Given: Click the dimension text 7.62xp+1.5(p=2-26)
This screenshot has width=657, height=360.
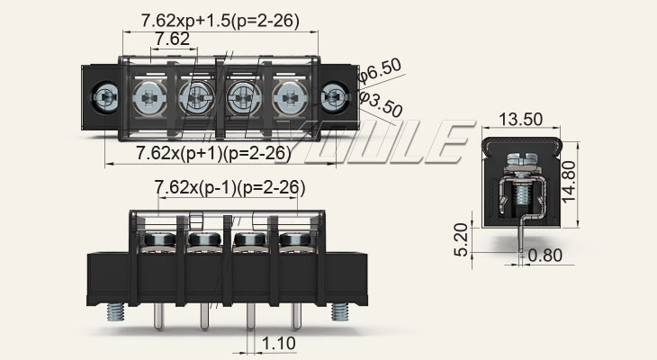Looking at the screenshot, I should coord(220,20).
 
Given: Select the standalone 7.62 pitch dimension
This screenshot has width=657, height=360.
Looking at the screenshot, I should coord(171,39).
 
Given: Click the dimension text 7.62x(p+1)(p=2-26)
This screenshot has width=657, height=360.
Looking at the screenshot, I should coord(214,153).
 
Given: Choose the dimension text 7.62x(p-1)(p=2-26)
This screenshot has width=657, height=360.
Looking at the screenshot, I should coord(229,187).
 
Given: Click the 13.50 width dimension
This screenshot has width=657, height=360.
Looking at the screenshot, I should coord(520,119).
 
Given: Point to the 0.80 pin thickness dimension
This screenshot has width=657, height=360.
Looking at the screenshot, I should coord(545,255).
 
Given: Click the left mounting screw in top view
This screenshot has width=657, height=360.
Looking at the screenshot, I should coord(104,95).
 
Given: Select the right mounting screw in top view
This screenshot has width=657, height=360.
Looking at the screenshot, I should coord(335,95).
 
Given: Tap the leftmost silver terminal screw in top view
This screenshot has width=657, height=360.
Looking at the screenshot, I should coord(148,95).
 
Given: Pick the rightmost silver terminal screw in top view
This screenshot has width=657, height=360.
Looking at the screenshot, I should coord(288,95).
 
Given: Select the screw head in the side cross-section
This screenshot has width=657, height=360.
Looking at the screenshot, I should coord(522,163).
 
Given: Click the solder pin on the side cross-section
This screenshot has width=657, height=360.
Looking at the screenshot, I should coord(522,241).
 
